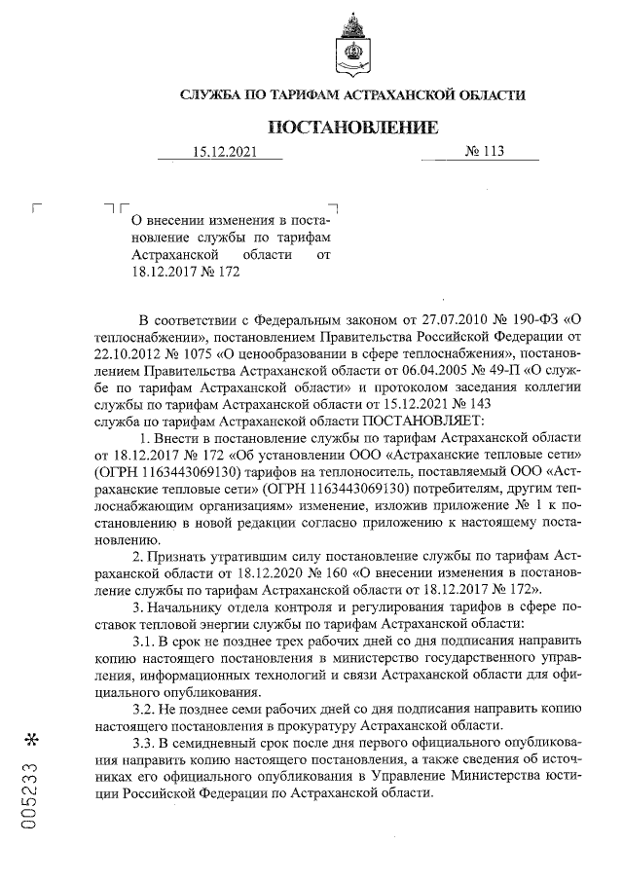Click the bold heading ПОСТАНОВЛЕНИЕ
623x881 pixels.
pyautogui.click(x=352, y=128)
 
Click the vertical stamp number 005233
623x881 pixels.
pyautogui.click(x=32, y=794)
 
